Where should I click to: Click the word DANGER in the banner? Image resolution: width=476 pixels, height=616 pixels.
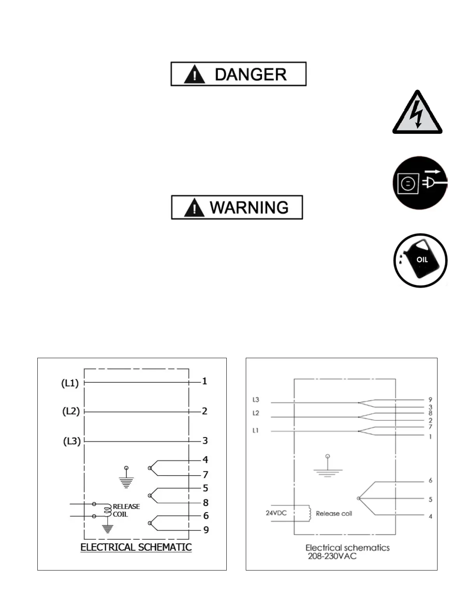click(x=250, y=74)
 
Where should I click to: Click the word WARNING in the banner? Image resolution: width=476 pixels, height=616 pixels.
click(x=249, y=208)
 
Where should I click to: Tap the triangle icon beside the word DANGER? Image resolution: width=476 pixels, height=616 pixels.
click(x=194, y=75)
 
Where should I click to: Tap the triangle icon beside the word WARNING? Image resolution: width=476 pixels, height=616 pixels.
click(x=194, y=208)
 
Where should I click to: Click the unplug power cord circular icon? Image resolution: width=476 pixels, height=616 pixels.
click(x=420, y=183)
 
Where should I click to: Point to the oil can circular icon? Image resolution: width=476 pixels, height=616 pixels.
click(x=420, y=261)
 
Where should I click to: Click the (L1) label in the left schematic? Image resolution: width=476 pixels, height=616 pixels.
click(x=70, y=383)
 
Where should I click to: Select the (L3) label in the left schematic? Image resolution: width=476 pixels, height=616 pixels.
click(x=72, y=441)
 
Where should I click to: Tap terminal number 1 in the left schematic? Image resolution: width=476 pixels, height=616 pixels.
click(x=205, y=381)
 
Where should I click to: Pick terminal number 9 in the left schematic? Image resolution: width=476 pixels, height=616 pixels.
click(x=206, y=530)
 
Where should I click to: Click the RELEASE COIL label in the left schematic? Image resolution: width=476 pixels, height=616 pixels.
click(x=126, y=510)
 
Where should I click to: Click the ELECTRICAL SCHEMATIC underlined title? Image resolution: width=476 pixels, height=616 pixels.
click(x=136, y=547)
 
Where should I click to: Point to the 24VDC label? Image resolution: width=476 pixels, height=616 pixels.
click(x=276, y=513)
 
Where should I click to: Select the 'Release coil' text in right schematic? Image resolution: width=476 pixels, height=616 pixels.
click(x=334, y=514)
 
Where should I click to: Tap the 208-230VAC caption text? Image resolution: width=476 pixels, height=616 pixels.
click(x=332, y=556)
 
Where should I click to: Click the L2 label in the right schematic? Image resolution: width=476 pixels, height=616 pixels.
click(x=255, y=413)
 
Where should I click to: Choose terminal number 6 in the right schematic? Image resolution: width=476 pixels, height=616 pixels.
click(x=430, y=481)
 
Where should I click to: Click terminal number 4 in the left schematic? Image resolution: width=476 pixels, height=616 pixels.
click(x=205, y=460)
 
